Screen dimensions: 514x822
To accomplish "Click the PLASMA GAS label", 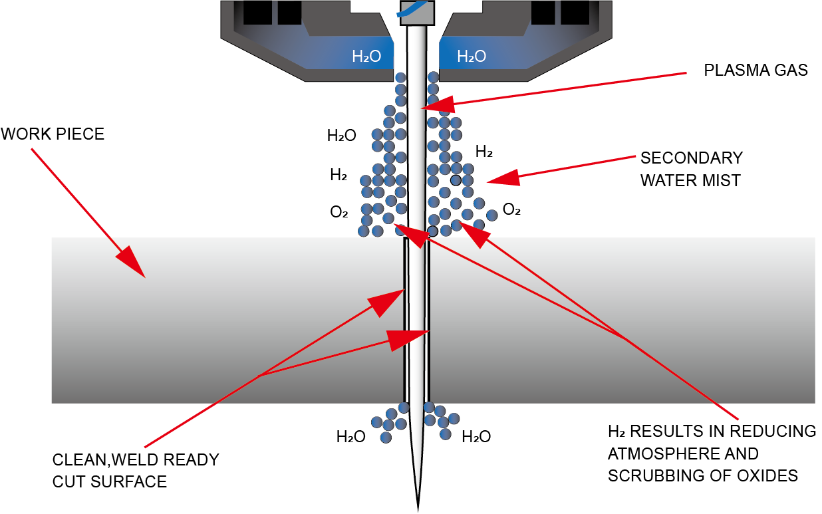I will point(755,70).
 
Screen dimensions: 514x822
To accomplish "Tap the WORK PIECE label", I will point(53,134).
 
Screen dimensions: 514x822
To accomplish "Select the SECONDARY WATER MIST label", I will point(691,169).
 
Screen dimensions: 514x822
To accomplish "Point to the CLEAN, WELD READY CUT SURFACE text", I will point(136,470).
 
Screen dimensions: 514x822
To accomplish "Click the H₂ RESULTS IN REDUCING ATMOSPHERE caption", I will point(712,453).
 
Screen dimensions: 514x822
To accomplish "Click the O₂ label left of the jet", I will point(339,212).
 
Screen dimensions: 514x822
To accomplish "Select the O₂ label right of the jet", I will point(511,210).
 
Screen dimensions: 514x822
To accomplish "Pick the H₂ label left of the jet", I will point(338,176).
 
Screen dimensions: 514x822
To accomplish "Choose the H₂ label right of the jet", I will point(483,152).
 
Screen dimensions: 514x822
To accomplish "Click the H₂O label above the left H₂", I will point(342,136).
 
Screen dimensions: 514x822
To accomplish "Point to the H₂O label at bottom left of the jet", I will point(350,437).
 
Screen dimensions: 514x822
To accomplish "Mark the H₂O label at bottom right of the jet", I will point(476,437).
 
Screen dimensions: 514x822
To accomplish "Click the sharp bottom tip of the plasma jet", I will point(418,509).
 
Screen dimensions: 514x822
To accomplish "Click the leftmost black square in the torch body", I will point(256,13).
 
